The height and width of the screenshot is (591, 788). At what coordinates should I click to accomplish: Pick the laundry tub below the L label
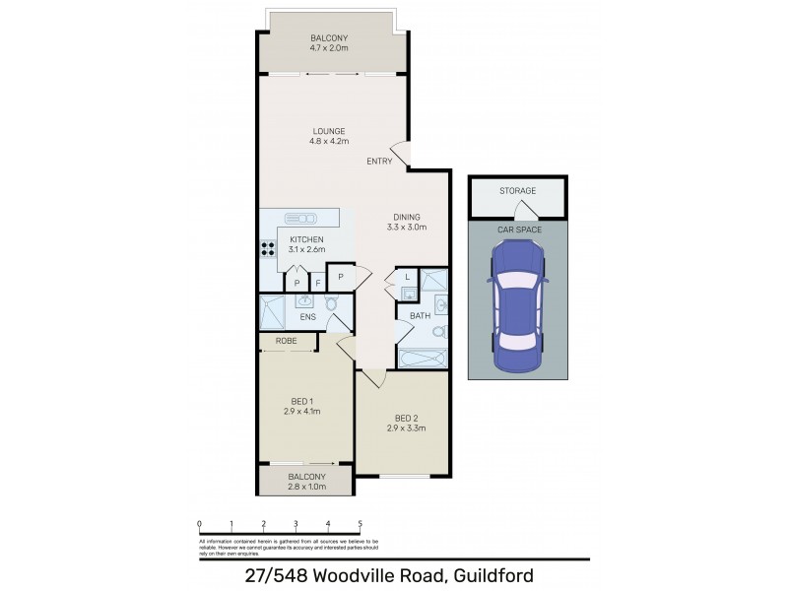408,292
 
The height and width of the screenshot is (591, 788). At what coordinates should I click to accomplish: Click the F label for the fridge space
316,284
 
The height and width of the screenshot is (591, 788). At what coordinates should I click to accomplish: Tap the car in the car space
517,306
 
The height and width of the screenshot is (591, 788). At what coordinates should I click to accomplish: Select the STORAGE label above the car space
517,191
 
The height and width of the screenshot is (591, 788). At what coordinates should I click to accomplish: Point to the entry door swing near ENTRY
400,153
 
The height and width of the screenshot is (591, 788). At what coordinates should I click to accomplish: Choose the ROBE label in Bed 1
286,341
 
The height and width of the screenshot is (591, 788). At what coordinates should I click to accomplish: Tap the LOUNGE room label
329,130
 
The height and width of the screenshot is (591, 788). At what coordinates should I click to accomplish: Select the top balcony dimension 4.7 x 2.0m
329,47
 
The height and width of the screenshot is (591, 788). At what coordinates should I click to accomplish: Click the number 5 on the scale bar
361,524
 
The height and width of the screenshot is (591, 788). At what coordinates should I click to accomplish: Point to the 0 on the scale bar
199,524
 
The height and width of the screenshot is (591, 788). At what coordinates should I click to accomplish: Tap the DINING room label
406,217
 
